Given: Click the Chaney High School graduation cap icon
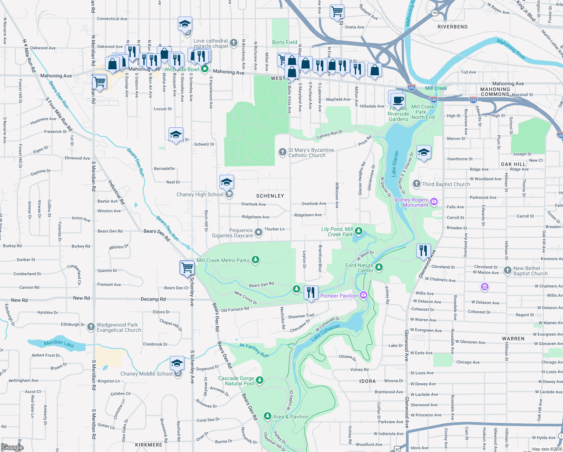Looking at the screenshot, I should click(227, 182).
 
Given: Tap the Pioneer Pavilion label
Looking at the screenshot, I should click(339, 296).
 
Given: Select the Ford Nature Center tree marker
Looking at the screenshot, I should click(379, 267).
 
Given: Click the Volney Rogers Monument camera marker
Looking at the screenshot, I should click(434, 202).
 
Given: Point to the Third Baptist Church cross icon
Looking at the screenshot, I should click(416, 184).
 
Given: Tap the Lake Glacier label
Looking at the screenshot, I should click(395, 163).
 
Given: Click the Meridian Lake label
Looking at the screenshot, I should click(59, 343).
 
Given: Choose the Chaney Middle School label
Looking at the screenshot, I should click(146, 374).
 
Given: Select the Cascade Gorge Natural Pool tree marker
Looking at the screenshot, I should click(260, 380).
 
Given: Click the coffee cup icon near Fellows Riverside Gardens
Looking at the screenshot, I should click(398, 101).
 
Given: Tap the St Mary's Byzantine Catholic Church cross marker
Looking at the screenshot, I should click(282, 152).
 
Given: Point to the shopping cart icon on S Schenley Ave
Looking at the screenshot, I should click(187, 267).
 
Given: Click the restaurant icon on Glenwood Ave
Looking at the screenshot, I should click(423, 250).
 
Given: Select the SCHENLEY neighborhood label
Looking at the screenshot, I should click(270, 196).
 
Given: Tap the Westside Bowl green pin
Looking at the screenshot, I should click(205, 69).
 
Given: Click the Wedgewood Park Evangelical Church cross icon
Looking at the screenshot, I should click(91, 327).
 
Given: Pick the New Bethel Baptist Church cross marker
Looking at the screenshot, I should click(507, 270).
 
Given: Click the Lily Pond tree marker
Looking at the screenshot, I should click(359, 231).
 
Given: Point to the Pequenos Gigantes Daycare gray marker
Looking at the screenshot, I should click(259, 232).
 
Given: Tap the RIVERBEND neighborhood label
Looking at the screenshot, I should click(452, 27).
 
